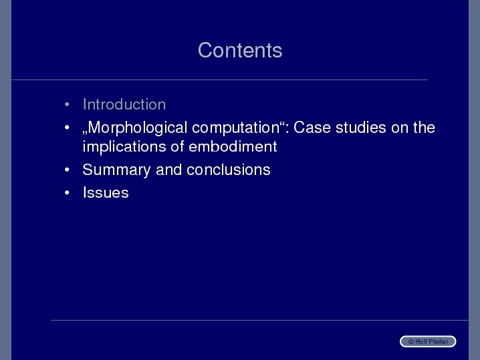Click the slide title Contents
[240, 50]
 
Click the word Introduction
[124, 104]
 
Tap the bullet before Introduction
[67, 104]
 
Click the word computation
[236, 128]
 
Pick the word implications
[124, 147]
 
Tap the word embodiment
[233, 146]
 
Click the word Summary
[116, 170]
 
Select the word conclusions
[229, 170]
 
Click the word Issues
[106, 193]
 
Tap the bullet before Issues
[67, 193]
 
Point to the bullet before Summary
[67, 170]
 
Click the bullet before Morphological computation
[67, 128]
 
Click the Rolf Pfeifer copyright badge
[428, 341]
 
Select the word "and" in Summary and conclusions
[168, 170]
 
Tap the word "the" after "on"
[424, 128]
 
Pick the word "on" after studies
[400, 128]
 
